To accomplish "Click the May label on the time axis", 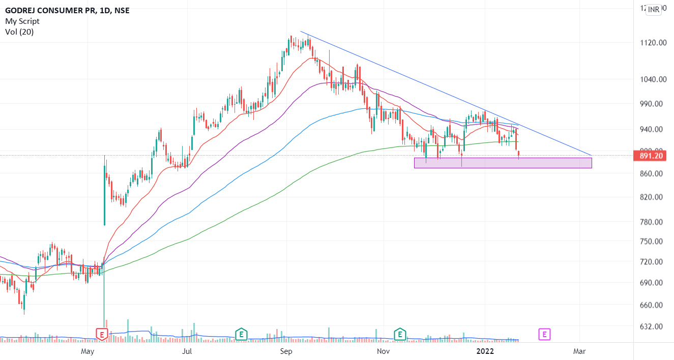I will (x=88, y=351).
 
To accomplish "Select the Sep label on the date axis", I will (x=286, y=351).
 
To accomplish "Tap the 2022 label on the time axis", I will (x=484, y=351).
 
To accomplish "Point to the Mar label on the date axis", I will (x=579, y=351).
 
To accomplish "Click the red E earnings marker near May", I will (x=102, y=335).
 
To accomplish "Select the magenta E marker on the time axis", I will (x=544, y=335).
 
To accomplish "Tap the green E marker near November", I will (x=400, y=335).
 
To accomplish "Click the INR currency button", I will (x=654, y=9).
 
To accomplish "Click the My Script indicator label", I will (x=22, y=21).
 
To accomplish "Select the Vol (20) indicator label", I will (x=19, y=32).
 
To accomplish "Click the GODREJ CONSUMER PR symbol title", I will (x=49, y=10).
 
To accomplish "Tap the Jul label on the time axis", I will (x=187, y=351).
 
